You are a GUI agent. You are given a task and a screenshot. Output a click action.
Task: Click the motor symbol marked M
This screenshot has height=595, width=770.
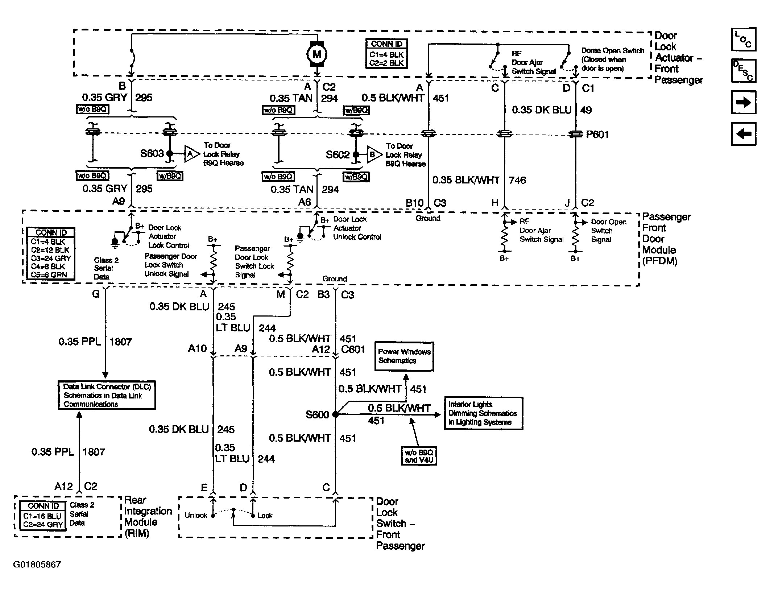[317, 54]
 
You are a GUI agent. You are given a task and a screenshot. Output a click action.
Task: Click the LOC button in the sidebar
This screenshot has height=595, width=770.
[744, 39]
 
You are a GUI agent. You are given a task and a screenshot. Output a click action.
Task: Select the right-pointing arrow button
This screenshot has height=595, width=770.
[744, 103]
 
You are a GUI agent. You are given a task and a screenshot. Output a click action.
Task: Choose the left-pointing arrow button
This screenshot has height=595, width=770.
[744, 134]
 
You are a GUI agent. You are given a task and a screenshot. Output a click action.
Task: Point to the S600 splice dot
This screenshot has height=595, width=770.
[335, 414]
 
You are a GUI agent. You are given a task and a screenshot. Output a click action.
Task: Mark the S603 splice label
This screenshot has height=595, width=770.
[152, 154]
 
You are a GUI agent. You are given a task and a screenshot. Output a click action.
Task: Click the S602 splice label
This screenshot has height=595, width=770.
[338, 155]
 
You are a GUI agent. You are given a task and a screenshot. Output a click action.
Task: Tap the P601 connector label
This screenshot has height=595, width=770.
[597, 135]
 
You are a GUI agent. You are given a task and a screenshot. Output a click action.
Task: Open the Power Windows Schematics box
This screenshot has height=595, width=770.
[404, 356]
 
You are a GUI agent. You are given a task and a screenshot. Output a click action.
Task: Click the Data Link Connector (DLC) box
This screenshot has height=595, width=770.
[107, 395]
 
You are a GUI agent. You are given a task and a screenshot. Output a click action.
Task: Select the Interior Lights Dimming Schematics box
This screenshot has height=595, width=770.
[484, 413]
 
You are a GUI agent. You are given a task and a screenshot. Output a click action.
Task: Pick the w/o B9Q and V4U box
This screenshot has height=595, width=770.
[419, 456]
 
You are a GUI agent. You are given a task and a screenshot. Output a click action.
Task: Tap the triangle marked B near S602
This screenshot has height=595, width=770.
[374, 155]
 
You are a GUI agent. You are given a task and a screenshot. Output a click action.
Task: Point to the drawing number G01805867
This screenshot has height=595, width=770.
[37, 565]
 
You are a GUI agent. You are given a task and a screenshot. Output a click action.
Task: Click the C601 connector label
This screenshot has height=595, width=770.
[353, 350]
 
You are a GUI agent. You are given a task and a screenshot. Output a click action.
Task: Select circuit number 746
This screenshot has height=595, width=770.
[517, 180]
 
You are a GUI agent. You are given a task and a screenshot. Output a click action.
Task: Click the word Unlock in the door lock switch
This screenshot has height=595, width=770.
[196, 515]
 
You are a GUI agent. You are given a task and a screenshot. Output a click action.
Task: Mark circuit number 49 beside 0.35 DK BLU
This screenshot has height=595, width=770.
[586, 110]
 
